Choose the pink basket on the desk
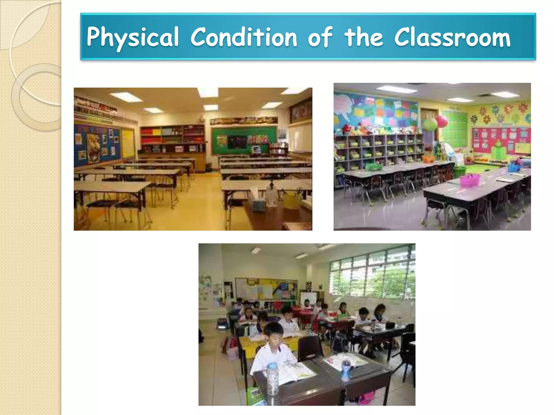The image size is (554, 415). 470,180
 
